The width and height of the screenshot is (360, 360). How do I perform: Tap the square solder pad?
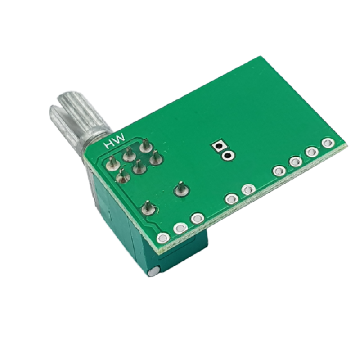tap(220, 146)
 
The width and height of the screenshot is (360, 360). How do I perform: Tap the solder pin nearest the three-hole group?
tap(148, 208)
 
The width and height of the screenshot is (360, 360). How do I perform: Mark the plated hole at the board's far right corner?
tap(327, 143)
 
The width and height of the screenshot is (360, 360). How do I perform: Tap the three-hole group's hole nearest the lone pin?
tap(197, 219)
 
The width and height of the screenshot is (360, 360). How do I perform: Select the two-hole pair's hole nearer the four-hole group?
tap(247, 190)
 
